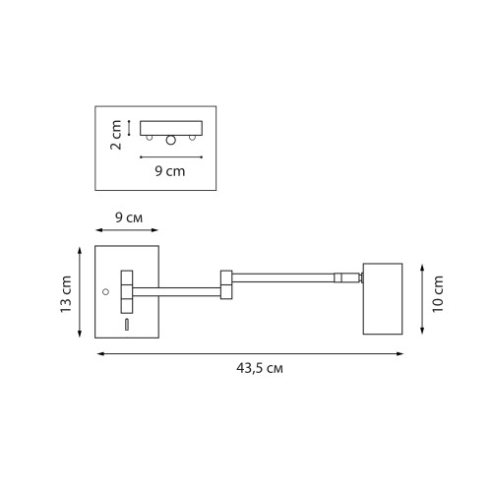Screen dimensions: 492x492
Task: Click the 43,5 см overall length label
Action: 260,368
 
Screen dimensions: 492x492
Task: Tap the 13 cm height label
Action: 66,294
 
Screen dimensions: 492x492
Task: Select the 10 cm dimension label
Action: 438,294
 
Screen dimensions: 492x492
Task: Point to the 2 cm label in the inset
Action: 116,135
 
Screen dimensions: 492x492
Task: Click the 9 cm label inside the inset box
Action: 170,171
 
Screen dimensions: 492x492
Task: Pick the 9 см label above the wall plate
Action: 129,217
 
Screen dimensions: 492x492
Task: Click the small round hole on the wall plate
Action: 105,291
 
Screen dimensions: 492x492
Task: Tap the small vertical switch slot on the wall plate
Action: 127,325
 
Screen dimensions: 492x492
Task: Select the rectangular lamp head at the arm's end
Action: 383,299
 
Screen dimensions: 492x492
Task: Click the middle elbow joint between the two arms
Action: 226,284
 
